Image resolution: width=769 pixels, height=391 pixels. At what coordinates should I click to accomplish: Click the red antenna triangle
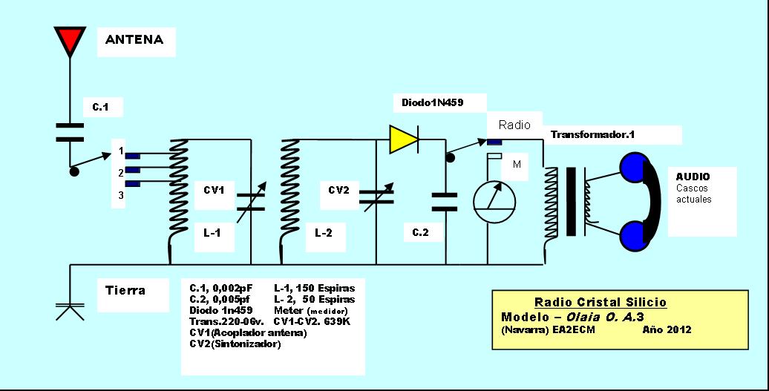pyautogui.click(x=70, y=39)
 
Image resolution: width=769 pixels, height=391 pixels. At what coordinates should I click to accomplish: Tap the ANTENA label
pyautogui.click(x=134, y=39)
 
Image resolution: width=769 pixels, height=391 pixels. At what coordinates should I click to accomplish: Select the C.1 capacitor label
pyautogui.click(x=100, y=107)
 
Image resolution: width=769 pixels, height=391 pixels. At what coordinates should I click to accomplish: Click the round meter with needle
pyautogui.click(x=495, y=202)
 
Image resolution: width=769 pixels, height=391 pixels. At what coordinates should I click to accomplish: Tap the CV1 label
pyautogui.click(x=214, y=190)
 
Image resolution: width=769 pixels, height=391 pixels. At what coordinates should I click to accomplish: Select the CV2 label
pyautogui.click(x=339, y=189)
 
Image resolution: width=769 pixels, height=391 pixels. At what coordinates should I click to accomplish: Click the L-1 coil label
pyautogui.click(x=212, y=233)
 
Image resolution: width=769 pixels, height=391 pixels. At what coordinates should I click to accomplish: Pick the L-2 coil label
pyautogui.click(x=323, y=233)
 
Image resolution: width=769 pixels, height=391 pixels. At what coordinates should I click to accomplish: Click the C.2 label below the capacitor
pyautogui.click(x=420, y=233)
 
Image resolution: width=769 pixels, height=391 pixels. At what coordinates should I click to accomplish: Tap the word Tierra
pyautogui.click(x=125, y=291)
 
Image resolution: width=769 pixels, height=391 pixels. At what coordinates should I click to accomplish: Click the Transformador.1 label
pyautogui.click(x=592, y=134)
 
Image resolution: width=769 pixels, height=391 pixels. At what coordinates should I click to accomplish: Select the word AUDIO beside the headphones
pyautogui.click(x=693, y=177)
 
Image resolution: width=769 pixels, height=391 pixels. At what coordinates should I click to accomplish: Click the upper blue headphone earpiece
pyautogui.click(x=635, y=167)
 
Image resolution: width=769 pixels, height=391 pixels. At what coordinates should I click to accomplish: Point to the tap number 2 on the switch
pyautogui.click(x=121, y=173)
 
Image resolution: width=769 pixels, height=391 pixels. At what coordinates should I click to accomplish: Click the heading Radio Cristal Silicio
pyautogui.click(x=601, y=302)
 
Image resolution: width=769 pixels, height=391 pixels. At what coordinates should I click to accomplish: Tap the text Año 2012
pyautogui.click(x=667, y=329)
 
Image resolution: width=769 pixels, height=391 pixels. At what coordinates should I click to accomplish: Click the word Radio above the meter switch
pyautogui.click(x=514, y=125)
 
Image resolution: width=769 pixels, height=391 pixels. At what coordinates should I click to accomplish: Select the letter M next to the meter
pyautogui.click(x=517, y=165)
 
